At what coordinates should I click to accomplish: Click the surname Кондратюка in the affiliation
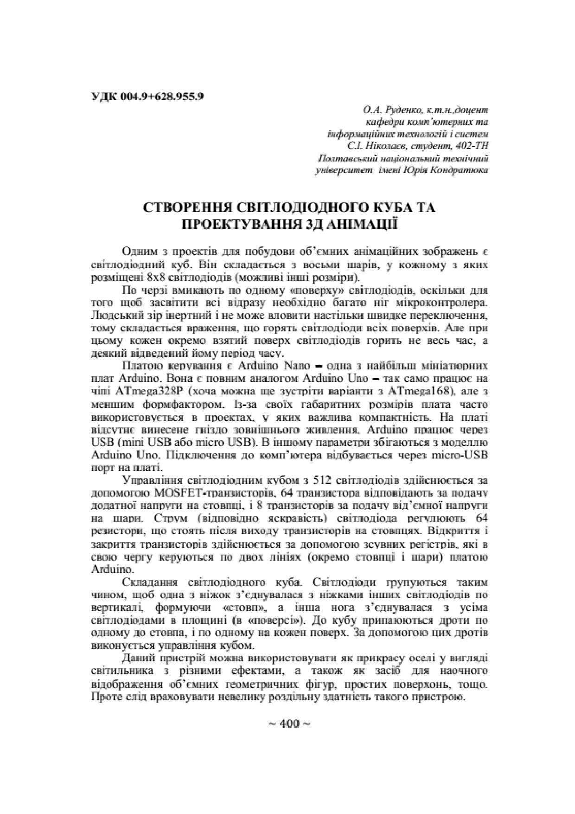pos(459,170)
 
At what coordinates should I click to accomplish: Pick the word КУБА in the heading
pos(383,207)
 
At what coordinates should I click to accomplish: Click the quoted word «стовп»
pos(243,608)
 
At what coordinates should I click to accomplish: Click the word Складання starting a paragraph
pos(149,582)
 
